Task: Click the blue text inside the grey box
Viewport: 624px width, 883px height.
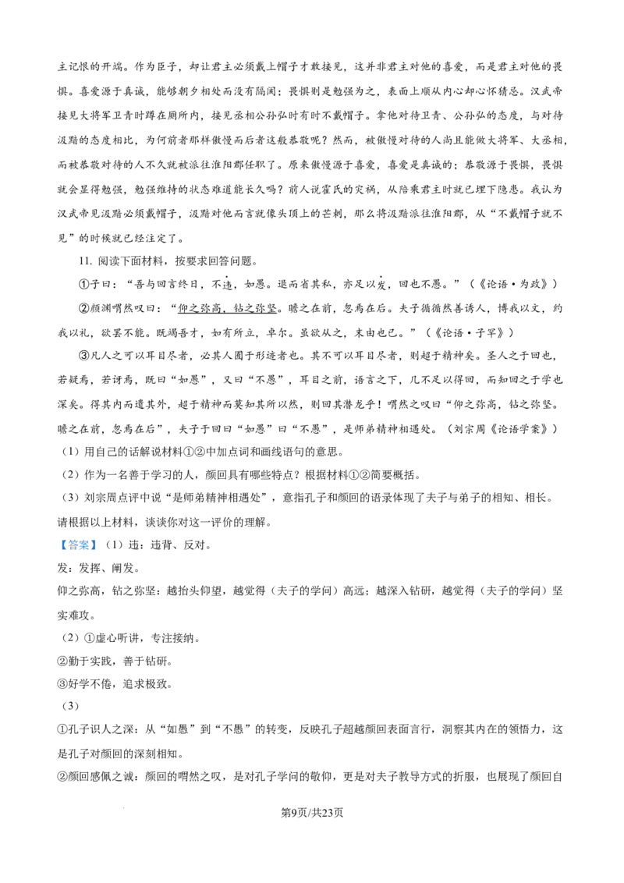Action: click(x=78, y=546)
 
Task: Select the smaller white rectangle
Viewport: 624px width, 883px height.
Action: click(x=225, y=484)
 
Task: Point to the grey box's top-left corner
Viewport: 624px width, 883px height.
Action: click(x=56, y=537)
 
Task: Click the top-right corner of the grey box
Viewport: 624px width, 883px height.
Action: click(x=99, y=537)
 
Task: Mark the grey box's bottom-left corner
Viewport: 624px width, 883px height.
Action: click(x=56, y=555)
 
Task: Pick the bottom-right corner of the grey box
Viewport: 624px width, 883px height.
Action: click(x=99, y=555)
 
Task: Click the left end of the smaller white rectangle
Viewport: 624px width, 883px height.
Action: click(x=219, y=484)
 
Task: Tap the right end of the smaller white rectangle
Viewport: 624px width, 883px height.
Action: click(x=230, y=484)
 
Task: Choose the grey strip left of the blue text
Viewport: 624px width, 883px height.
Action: click(x=58, y=546)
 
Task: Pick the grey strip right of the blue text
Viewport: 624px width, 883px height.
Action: click(x=97, y=546)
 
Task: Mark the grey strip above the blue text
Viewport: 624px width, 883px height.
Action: click(x=78, y=538)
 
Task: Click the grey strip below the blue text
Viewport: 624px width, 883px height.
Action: click(x=78, y=553)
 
